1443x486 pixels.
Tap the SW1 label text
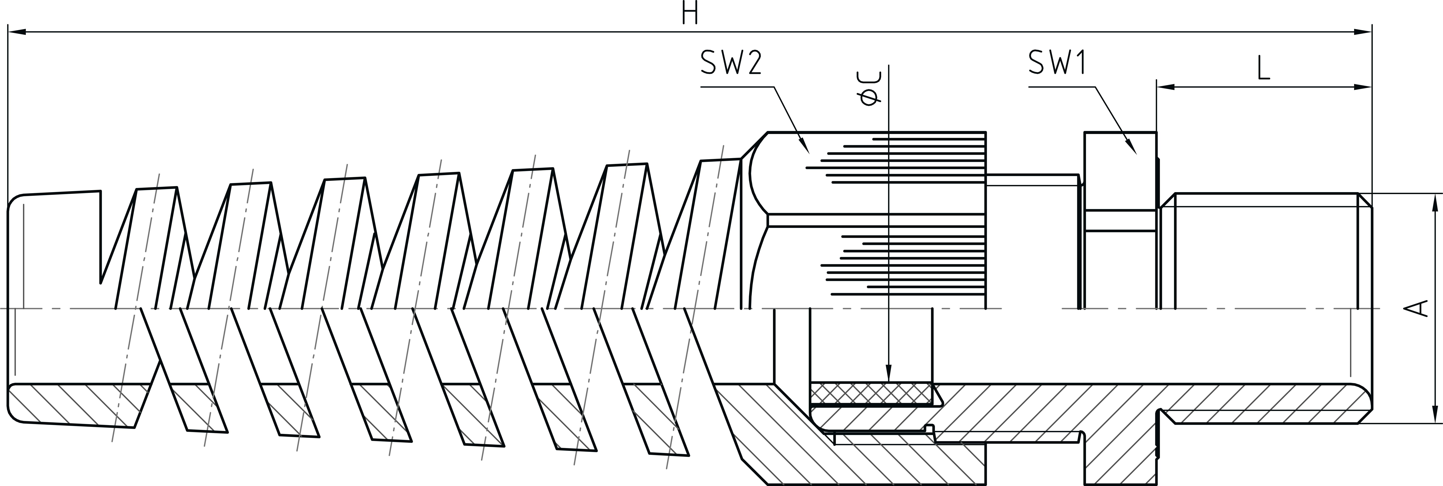(1057, 63)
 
